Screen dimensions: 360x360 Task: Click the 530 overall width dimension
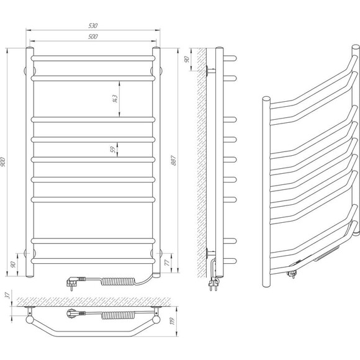click(93, 25)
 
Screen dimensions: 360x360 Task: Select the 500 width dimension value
click(93, 37)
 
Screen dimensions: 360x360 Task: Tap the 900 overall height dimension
click(2, 162)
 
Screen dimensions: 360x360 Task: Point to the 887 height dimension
click(174, 160)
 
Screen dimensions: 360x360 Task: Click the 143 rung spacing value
click(115, 99)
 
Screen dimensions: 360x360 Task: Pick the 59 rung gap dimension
click(113, 150)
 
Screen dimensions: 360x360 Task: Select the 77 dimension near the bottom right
click(168, 263)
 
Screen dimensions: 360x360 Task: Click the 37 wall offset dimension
click(8, 295)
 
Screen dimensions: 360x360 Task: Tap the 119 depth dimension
click(173, 321)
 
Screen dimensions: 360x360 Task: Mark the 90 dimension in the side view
click(186, 59)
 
